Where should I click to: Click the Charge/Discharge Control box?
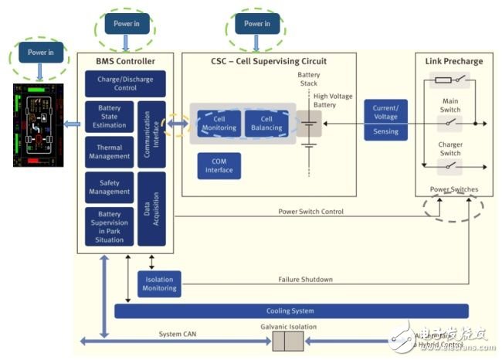tap(117, 84)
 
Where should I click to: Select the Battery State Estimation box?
tap(109, 117)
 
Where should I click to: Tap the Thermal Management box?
tap(109, 151)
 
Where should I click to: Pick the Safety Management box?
tap(109, 186)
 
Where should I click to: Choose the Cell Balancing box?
tap(266, 123)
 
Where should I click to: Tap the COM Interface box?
tap(219, 166)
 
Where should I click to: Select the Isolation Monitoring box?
tap(158, 284)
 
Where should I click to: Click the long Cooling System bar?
tap(291, 311)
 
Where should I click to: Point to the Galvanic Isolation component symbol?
tap(289, 341)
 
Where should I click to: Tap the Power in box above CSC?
tap(256, 24)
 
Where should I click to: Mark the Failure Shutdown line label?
tap(306, 280)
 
